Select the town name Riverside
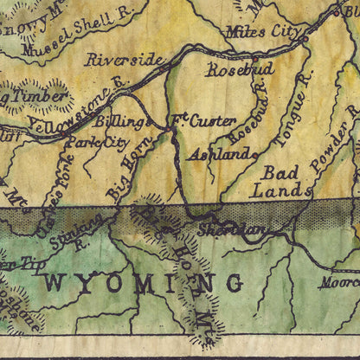pos(123,60)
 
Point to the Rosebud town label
pos(240,68)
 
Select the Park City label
pos(96,141)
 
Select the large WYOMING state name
pos(143,282)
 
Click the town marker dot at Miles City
pos(304,38)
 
